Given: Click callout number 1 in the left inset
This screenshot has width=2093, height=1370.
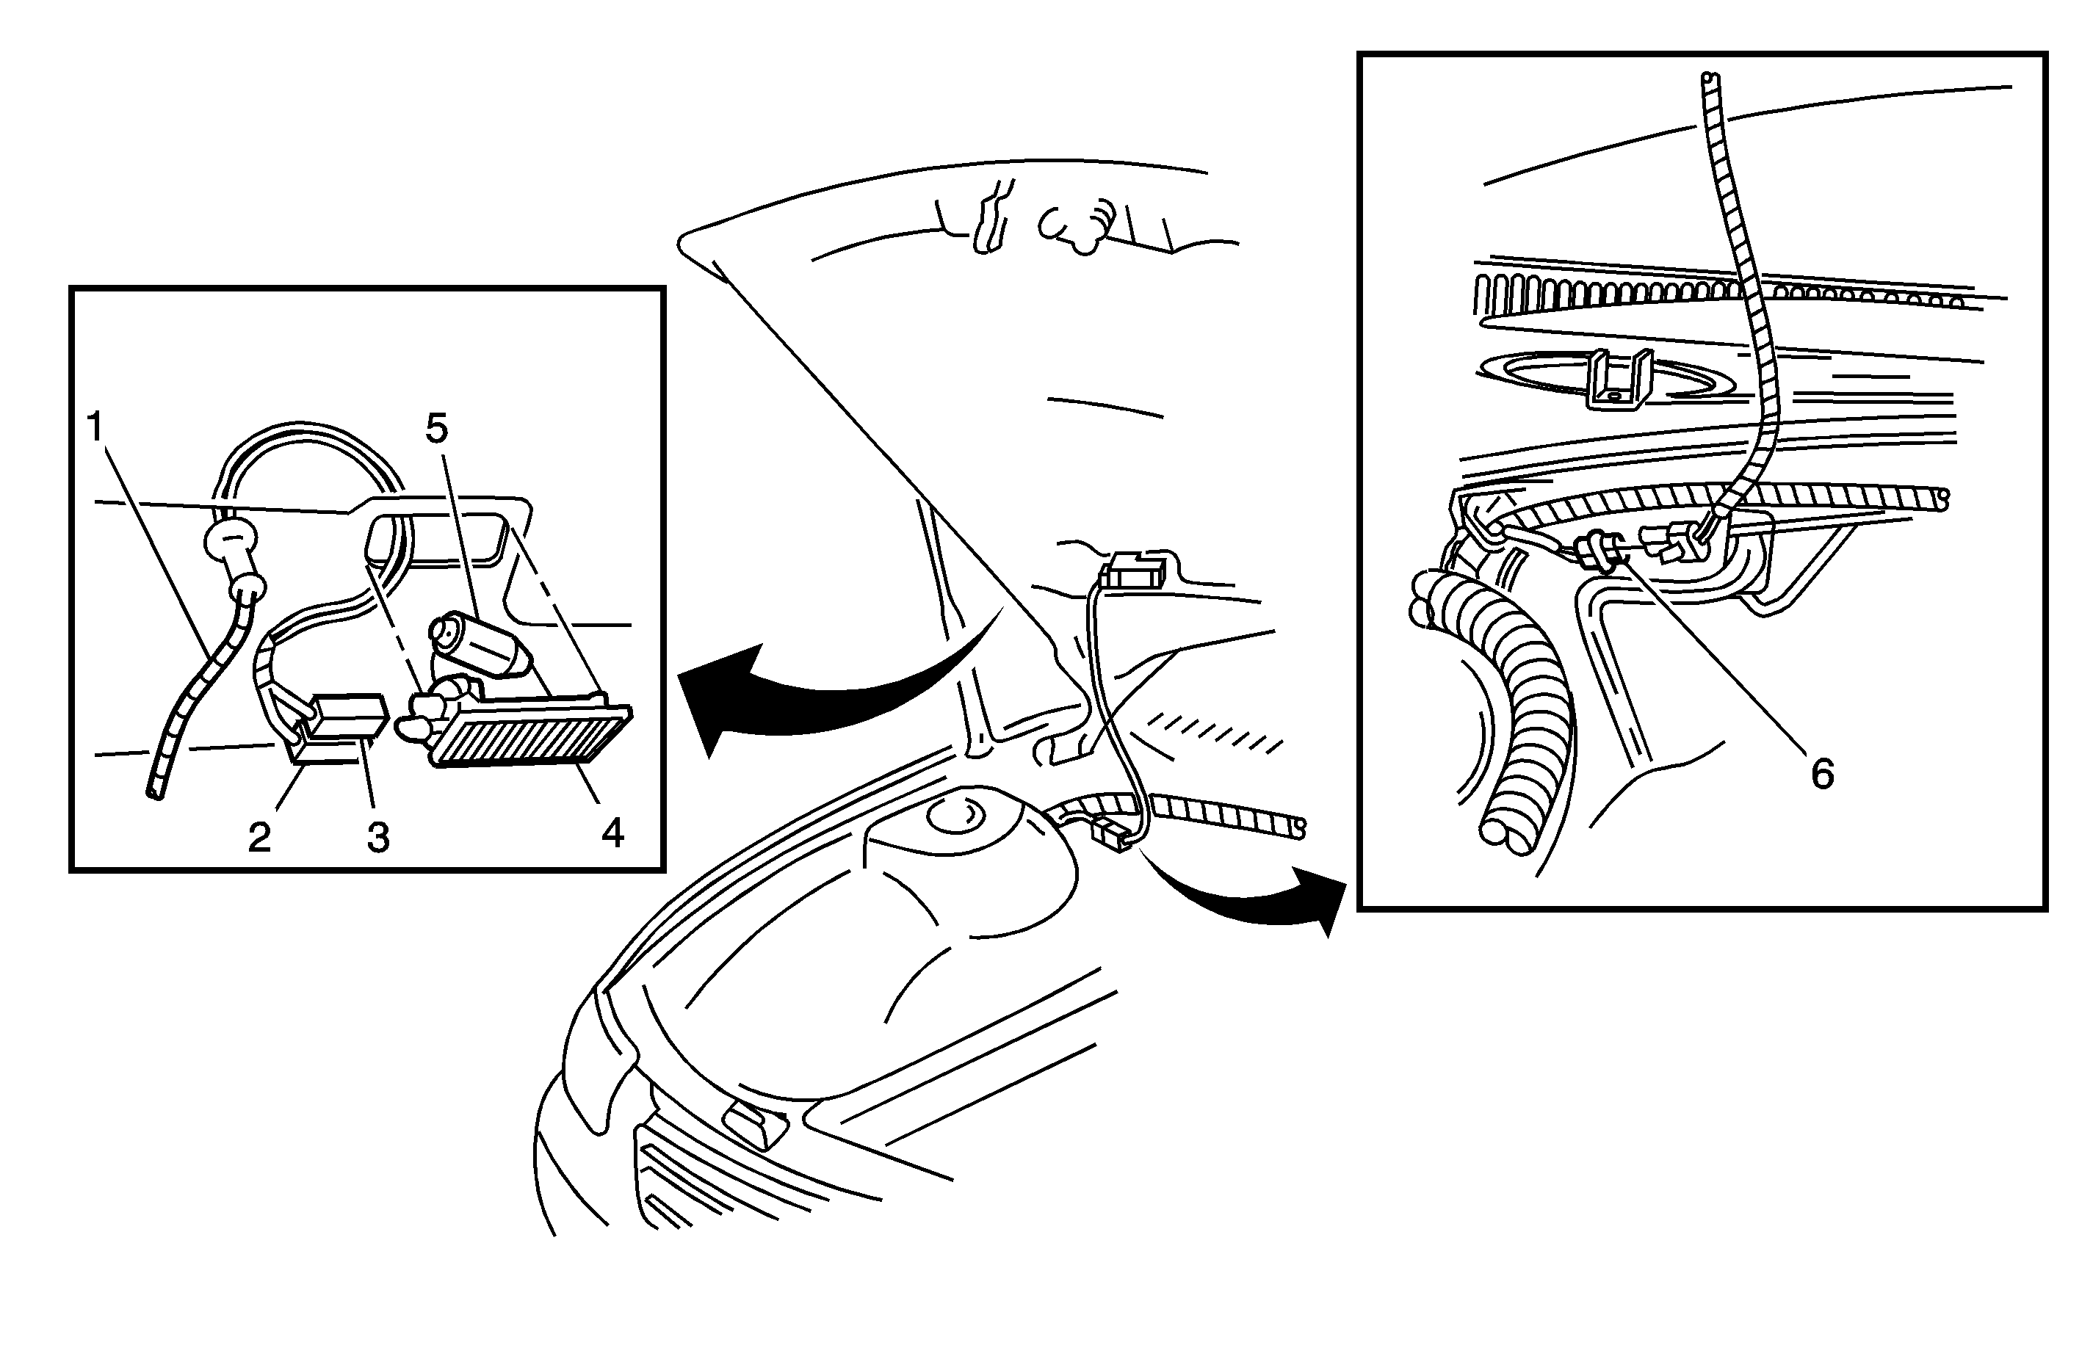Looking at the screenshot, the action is pyautogui.click(x=95, y=427).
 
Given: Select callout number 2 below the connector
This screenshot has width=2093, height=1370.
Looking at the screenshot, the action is pyautogui.click(x=259, y=837).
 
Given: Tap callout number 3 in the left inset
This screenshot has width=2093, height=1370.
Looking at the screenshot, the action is pyautogui.click(x=378, y=837).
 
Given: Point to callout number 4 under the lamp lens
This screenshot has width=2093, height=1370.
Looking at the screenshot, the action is pyautogui.click(x=613, y=832).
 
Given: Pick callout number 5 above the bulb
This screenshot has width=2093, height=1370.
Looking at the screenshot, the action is pyautogui.click(x=437, y=428).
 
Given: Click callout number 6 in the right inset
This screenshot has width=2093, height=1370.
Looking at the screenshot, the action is pyautogui.click(x=1822, y=774).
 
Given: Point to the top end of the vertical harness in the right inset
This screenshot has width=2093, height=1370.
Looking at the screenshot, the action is pyautogui.click(x=1709, y=77).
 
